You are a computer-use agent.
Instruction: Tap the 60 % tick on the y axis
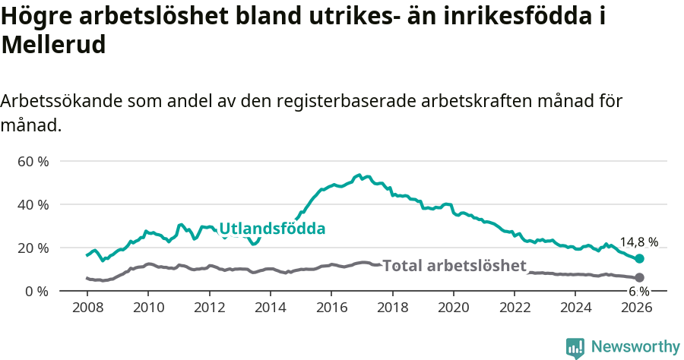[x=33, y=162]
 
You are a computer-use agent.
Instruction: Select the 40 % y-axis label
[x=33, y=205]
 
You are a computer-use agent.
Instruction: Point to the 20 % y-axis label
[x=33, y=248]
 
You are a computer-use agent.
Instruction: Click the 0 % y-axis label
[x=36, y=291]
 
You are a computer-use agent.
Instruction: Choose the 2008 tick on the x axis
[x=87, y=308]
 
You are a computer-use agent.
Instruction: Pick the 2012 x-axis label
[x=209, y=308]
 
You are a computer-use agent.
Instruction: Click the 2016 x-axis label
[x=331, y=308]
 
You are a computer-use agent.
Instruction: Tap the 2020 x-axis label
[x=453, y=308]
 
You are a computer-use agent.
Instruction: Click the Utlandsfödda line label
[x=272, y=229]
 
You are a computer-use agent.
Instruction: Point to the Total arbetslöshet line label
[x=454, y=266]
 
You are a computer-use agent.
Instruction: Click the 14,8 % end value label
[x=638, y=242]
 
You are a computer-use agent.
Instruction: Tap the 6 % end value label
[x=638, y=292]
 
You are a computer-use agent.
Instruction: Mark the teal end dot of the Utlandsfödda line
[x=639, y=259]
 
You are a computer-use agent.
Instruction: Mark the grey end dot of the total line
[x=639, y=278]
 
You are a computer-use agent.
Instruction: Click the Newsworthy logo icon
[x=575, y=348]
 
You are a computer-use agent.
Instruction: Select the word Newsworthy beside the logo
[x=635, y=347]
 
